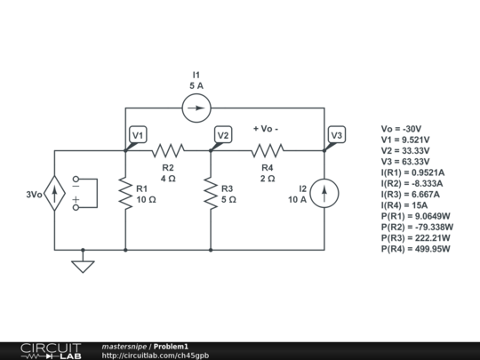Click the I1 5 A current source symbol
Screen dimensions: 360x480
pyautogui.click(x=196, y=108)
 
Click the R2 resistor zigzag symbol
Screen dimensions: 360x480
pyautogui.click(x=168, y=151)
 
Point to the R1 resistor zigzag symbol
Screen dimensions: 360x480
pyautogui.click(x=125, y=194)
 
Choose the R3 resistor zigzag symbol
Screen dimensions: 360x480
pyautogui.click(x=211, y=194)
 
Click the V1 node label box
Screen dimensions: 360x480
pyautogui.click(x=138, y=135)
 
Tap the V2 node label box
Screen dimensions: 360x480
pyautogui.click(x=223, y=135)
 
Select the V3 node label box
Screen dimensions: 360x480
pyautogui.click(x=336, y=135)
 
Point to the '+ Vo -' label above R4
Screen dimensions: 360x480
pyautogui.click(x=267, y=129)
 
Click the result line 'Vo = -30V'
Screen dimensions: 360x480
pyautogui.click(x=400, y=129)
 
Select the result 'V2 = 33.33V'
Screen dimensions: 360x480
pyautogui.click(x=404, y=151)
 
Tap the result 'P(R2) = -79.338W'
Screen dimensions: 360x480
pyautogui.click(x=416, y=227)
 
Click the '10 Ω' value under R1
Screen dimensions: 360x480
pyautogui.click(x=146, y=200)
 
